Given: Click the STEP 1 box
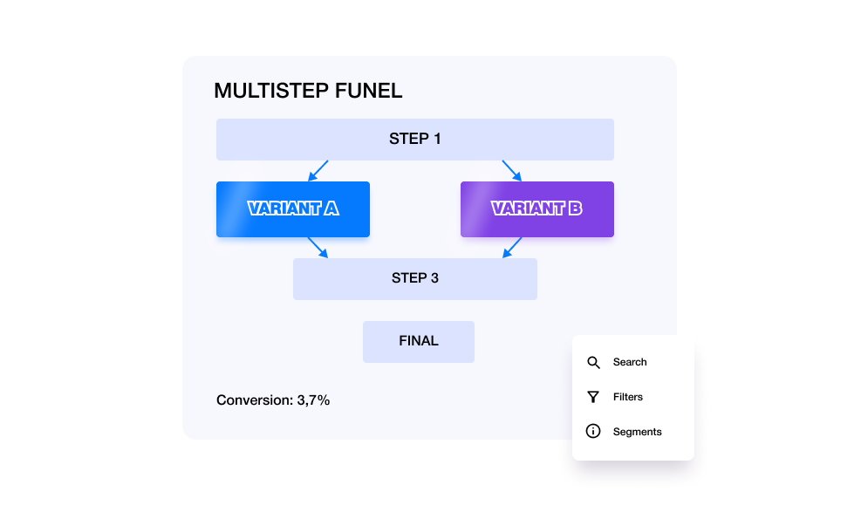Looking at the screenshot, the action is pos(414,140).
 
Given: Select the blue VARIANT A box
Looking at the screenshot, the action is pos(293,209).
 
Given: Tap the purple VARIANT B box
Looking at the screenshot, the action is pos(537,209).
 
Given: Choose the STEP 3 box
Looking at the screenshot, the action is pos(414,279).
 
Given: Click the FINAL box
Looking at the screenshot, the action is pos(419,342).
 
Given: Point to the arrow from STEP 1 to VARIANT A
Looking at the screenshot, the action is pos(318,170).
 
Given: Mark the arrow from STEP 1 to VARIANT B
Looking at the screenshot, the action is pos(512,170).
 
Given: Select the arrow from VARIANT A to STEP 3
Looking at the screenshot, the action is pos(318,248).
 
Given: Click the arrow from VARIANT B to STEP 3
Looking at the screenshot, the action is pos(512,248).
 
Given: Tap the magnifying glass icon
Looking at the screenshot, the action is pos(593,363).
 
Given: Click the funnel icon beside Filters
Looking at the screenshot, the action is pos(593,397).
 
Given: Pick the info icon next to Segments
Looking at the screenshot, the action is pos(593,431).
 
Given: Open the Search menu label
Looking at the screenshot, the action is pos(630,362).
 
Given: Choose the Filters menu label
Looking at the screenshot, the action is pos(628,397).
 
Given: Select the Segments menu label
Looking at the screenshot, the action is pos(637,432).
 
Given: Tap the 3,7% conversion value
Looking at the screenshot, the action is pos(313,400).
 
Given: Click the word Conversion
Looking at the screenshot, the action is pos(255,400).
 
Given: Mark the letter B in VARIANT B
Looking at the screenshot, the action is pos(575,208).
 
